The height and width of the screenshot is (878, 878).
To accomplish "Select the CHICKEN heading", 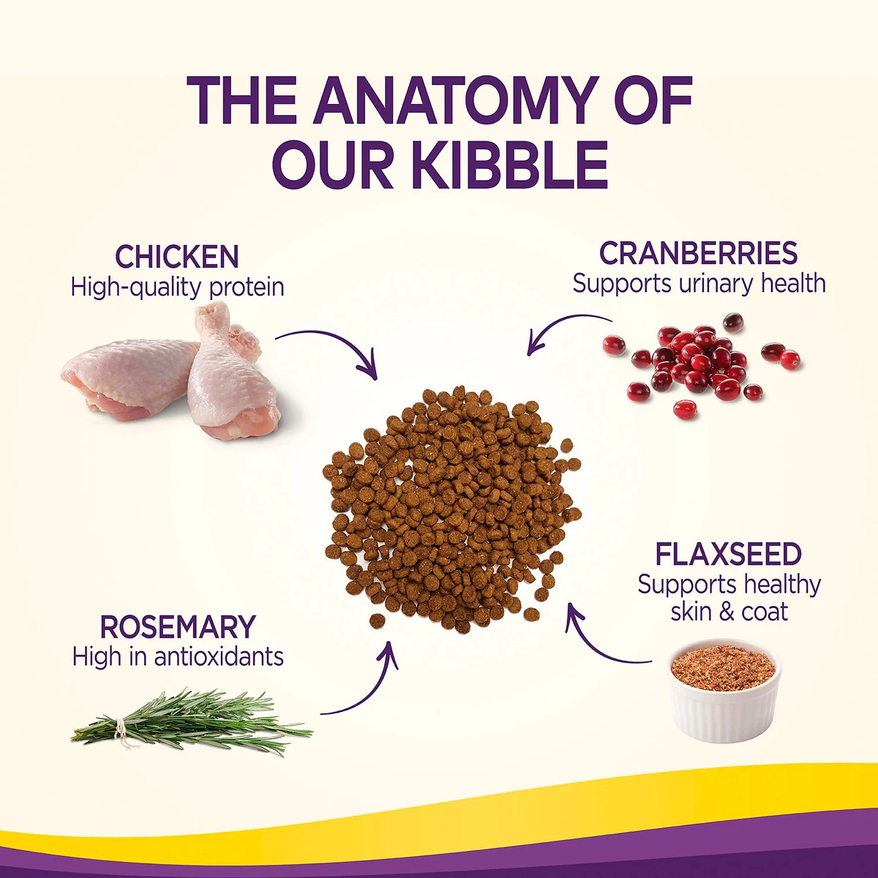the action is coord(177,257).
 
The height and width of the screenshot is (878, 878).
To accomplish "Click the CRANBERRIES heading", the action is coord(698,253).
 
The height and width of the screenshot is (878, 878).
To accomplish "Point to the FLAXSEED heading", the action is coord(729,554).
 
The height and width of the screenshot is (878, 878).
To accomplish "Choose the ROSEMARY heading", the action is coord(178,627).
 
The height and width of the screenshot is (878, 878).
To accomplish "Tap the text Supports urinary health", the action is coord(699,284).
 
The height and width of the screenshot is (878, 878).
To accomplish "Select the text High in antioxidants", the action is coord(178,657).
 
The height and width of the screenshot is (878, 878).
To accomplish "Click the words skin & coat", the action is coord(729,612).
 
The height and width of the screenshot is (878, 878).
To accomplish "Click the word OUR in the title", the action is coord(335,165).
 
